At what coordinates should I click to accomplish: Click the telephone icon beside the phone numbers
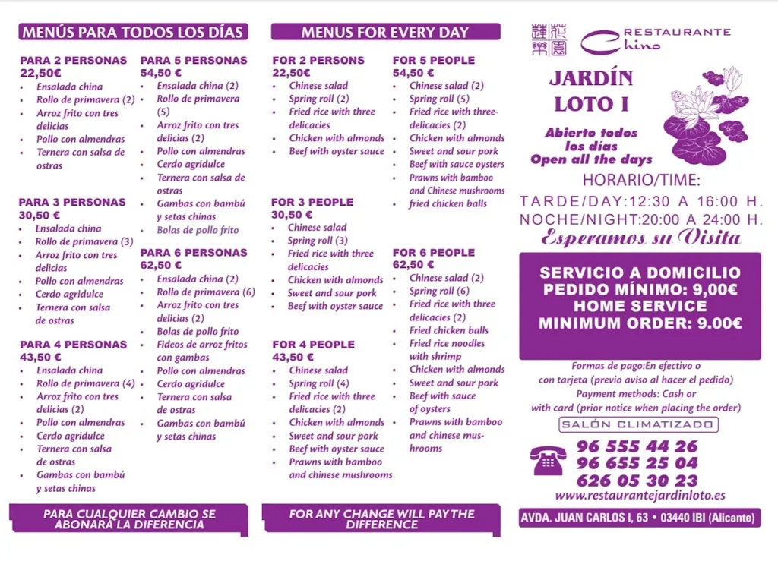[549, 461]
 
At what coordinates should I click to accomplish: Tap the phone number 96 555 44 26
[637, 446]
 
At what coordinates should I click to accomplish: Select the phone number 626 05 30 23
[637, 480]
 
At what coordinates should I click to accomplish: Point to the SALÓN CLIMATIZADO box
[639, 425]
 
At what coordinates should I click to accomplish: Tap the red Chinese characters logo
[549, 39]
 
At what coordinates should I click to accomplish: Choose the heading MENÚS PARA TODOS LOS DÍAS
[134, 32]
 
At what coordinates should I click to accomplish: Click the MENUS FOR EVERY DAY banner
[385, 32]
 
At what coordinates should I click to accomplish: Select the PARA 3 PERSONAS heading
[72, 203]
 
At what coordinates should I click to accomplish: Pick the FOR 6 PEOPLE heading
[433, 253]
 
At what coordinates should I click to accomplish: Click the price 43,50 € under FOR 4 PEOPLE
[293, 358]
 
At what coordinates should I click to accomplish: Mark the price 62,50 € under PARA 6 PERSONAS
[161, 266]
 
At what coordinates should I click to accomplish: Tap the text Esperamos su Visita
[640, 238]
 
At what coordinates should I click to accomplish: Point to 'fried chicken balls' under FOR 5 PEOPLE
[448, 203]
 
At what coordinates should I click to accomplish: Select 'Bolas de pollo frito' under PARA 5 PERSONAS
[198, 230]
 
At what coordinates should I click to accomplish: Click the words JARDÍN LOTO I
[591, 91]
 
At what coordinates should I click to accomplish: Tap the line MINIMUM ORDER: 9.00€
[640, 323]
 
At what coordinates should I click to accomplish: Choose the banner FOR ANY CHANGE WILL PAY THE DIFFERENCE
[381, 519]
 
